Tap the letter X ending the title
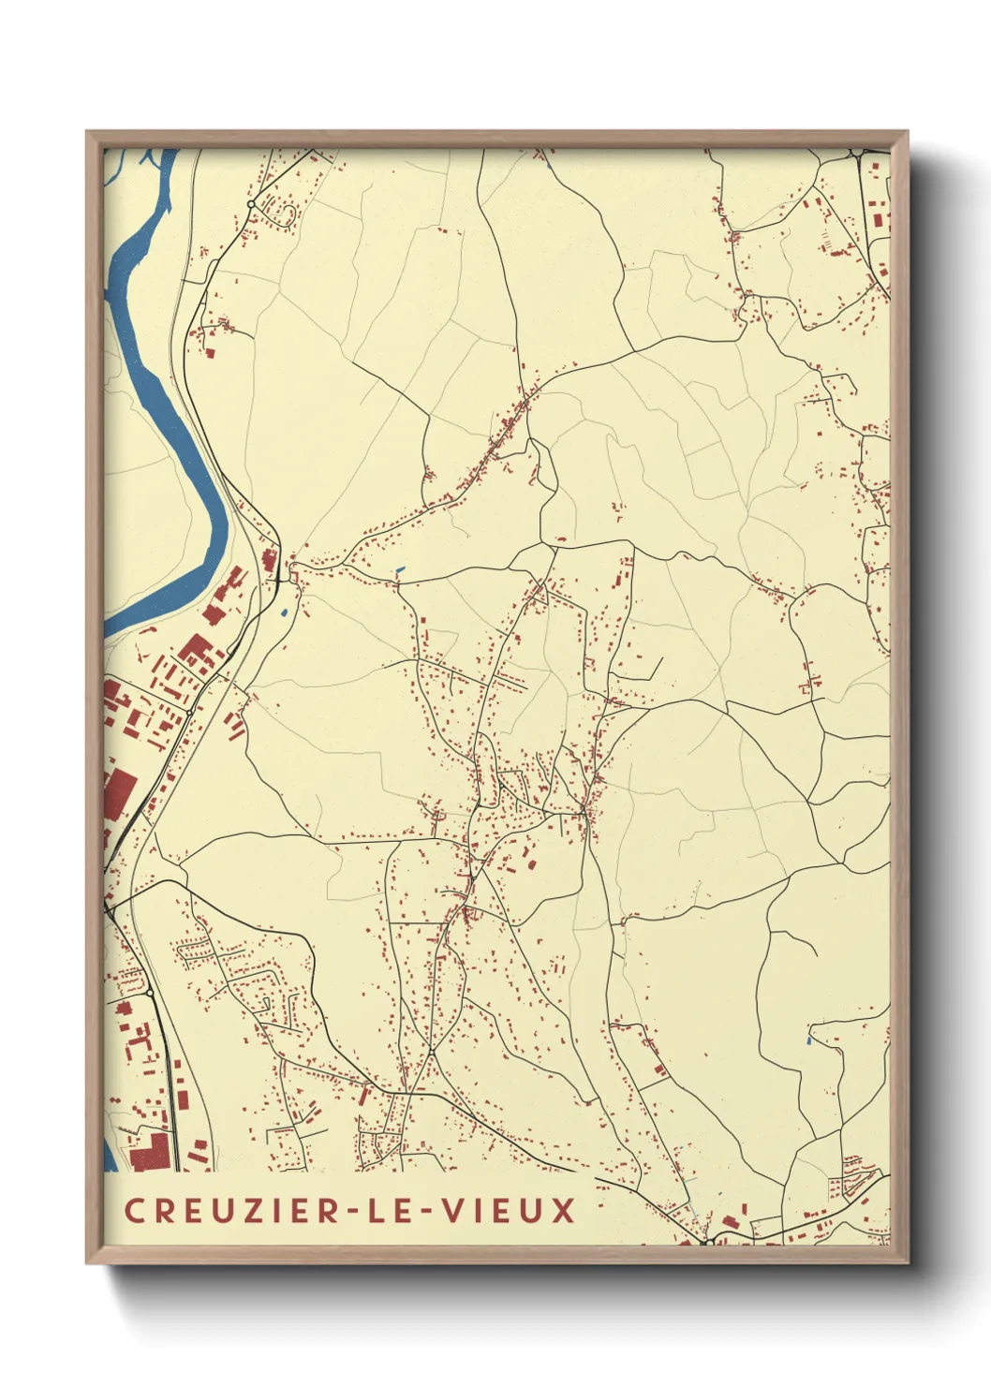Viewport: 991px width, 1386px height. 563,1210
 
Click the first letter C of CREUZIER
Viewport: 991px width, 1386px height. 134,1210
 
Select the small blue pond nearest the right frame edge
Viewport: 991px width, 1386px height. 808,1040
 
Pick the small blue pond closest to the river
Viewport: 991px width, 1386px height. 282,613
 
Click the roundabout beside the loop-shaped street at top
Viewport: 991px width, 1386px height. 251,203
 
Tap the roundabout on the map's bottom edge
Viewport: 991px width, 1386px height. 707,1242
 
